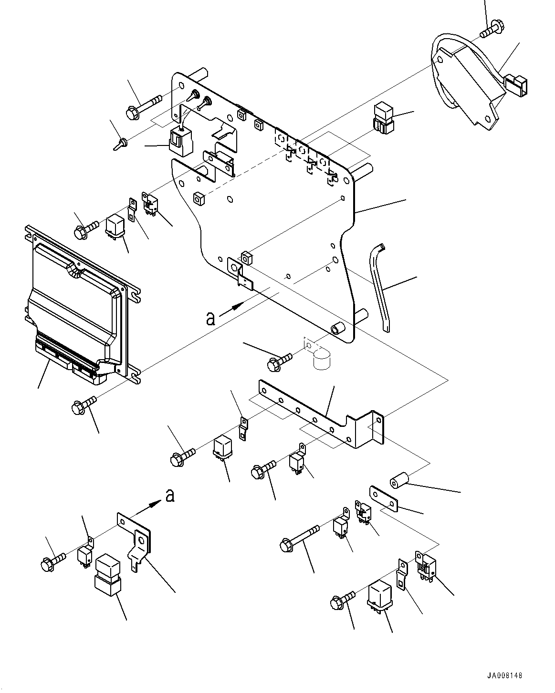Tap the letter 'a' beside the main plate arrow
pyautogui.click(x=210, y=318)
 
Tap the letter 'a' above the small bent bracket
pyautogui.click(x=169, y=496)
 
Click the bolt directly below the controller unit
pyautogui.click(x=84, y=405)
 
